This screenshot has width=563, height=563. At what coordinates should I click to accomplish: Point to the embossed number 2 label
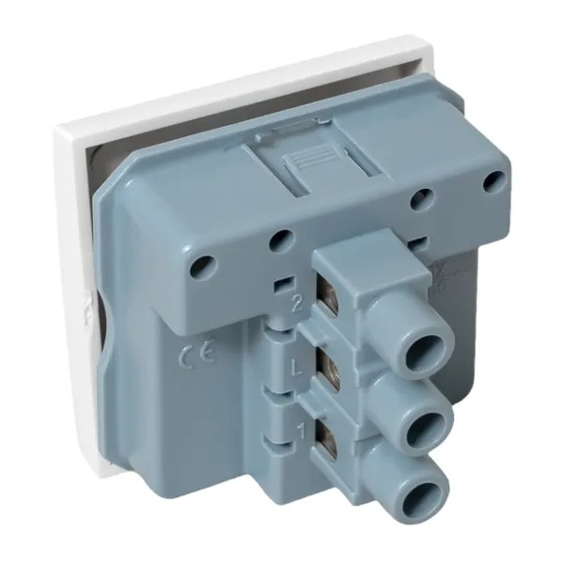click(297, 303)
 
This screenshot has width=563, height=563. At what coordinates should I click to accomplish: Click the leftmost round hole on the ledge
click(198, 266)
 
